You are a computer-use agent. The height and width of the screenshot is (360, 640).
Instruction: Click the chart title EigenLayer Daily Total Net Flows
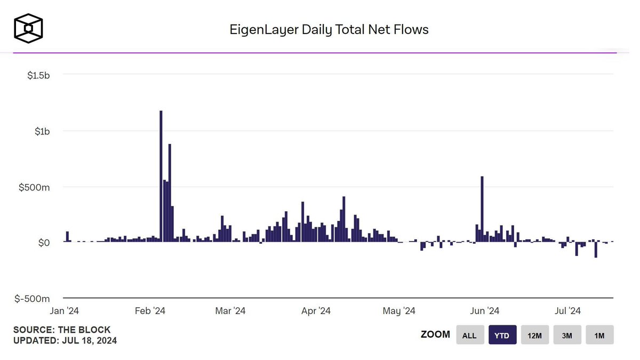click(x=329, y=29)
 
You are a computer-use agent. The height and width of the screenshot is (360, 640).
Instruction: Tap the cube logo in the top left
click(x=28, y=28)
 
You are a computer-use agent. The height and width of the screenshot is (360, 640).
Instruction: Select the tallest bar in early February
click(x=161, y=176)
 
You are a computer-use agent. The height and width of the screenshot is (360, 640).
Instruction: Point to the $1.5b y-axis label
click(x=38, y=75)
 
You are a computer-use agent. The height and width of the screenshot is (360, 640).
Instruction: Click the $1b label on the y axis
click(x=42, y=131)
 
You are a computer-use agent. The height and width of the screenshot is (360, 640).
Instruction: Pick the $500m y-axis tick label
click(x=36, y=187)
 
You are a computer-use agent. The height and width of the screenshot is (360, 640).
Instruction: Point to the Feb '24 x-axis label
click(x=151, y=311)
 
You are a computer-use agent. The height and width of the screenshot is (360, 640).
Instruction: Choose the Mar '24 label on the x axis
click(x=230, y=311)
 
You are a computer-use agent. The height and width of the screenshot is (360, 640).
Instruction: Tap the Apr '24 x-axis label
click(x=316, y=311)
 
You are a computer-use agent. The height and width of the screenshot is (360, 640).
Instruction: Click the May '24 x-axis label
click(x=399, y=311)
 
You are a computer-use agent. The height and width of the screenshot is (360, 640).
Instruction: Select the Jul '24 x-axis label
click(x=567, y=311)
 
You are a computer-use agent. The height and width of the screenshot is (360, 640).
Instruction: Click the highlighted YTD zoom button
click(x=502, y=335)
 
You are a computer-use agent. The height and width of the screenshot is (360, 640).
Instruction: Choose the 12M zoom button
click(x=534, y=335)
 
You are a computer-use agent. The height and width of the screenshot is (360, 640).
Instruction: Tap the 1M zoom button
click(x=599, y=335)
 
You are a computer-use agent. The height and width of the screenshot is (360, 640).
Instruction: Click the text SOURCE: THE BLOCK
click(x=62, y=330)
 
